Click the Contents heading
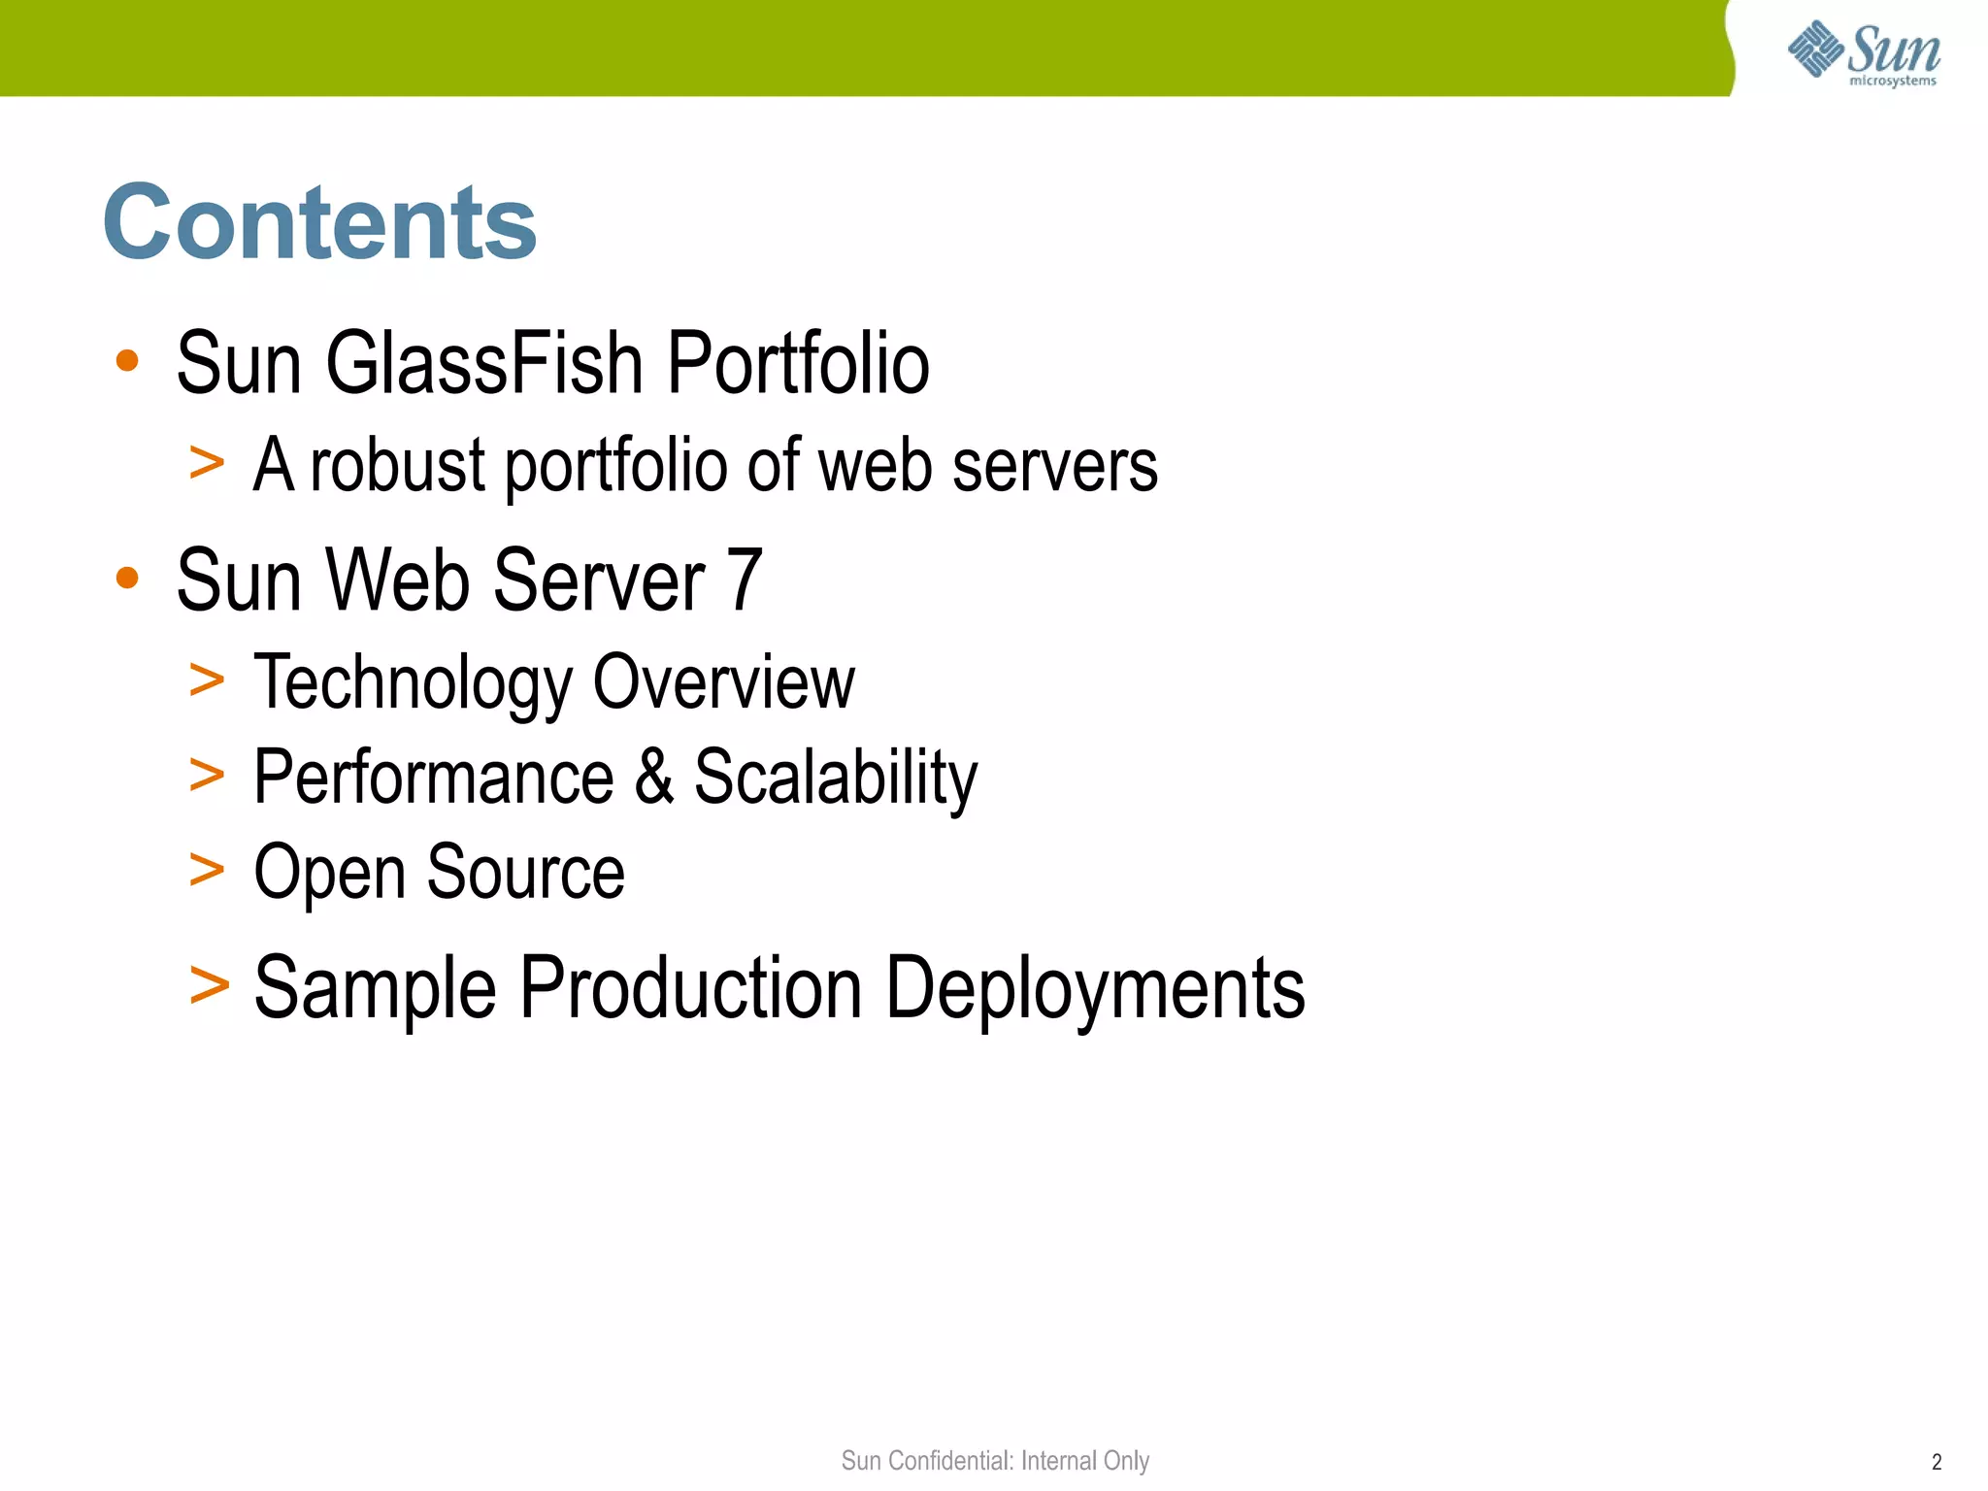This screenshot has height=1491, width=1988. (x=319, y=223)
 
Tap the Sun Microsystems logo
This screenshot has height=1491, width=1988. (x=1863, y=53)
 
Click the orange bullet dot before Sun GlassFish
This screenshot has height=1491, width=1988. (x=127, y=361)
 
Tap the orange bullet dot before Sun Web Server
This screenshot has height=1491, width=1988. (x=127, y=579)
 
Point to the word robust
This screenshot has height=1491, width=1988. (x=397, y=465)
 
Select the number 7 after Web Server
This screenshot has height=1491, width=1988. (x=745, y=580)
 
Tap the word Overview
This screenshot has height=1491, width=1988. (x=723, y=681)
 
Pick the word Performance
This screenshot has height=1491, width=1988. (x=433, y=778)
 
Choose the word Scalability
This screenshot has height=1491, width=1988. (x=835, y=779)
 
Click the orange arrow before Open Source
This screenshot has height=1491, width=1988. (x=207, y=869)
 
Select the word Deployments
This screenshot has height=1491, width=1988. (x=1095, y=988)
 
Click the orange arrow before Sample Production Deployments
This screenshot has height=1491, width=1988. (x=210, y=985)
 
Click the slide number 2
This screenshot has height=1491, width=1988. (x=1937, y=1462)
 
